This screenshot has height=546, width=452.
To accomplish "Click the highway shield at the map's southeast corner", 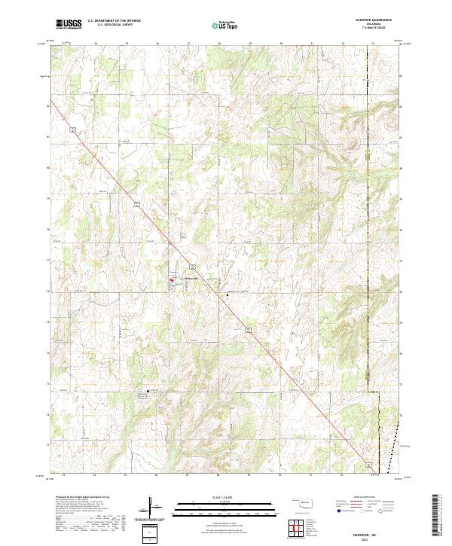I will pyautogui.click(x=368, y=463).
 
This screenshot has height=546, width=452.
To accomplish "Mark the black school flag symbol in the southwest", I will pyautogui.click(x=148, y=391).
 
